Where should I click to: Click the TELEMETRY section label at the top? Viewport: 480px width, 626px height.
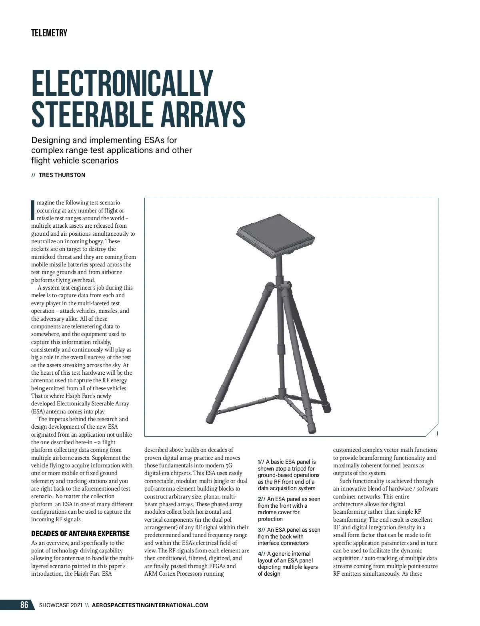tap(49, 33)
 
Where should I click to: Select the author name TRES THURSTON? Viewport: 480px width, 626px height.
tap(62, 175)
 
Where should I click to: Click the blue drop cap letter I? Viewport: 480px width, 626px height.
tap(33, 210)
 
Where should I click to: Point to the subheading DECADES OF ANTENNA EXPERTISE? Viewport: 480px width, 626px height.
tap(80, 533)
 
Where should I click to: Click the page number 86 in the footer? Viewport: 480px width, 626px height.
tap(24, 605)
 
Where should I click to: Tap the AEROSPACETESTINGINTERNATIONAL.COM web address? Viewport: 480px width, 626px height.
tap(150, 605)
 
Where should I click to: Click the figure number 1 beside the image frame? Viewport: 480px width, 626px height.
tap(437, 433)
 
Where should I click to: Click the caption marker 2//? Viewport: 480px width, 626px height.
tap(262, 499)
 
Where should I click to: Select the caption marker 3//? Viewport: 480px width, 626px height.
tap(262, 530)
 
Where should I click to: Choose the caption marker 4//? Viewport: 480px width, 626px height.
tap(262, 554)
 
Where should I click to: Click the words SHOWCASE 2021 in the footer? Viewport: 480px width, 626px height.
tap(61, 605)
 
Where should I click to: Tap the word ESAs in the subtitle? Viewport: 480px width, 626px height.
tap(154, 140)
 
